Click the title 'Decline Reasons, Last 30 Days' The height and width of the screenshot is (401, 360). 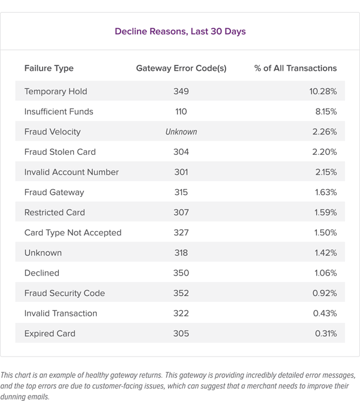[x=181, y=32]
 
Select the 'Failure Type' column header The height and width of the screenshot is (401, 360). [x=49, y=68]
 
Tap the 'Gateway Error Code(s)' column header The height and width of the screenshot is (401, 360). [x=181, y=68]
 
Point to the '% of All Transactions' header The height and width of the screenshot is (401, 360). [x=295, y=68]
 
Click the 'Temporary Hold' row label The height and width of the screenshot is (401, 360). [x=56, y=91]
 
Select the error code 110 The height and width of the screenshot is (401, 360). [x=181, y=112]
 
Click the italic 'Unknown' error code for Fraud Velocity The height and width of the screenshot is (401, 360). [x=181, y=131]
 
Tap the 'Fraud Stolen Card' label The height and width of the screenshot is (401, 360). [x=60, y=152]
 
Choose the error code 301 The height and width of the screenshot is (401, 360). [x=181, y=172]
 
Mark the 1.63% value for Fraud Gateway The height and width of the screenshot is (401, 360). [x=325, y=192]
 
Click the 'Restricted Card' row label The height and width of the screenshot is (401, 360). [x=55, y=213]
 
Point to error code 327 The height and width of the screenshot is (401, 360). [x=181, y=232]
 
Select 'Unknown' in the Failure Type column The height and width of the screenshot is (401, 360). [x=43, y=253]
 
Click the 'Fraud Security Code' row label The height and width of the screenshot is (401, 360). [x=65, y=293]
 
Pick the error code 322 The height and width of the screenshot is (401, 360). [x=181, y=313]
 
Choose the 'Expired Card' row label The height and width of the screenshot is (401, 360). [x=50, y=333]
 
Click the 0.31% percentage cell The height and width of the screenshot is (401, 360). [x=325, y=333]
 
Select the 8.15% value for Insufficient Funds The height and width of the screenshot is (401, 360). [x=325, y=112]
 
